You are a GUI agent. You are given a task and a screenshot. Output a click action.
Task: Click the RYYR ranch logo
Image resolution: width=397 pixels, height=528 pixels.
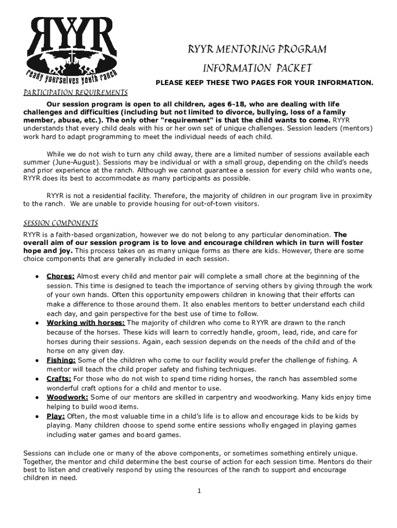(x=72, y=52)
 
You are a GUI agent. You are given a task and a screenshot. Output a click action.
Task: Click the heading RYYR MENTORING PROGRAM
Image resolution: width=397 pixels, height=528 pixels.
(x=257, y=49)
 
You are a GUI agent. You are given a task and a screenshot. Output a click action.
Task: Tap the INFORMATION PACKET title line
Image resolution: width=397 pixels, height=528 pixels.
(x=257, y=68)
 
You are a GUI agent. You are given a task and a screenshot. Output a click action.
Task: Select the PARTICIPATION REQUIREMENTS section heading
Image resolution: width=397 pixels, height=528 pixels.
(x=75, y=93)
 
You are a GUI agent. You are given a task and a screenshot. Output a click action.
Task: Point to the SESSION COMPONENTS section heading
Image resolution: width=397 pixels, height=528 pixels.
(x=61, y=224)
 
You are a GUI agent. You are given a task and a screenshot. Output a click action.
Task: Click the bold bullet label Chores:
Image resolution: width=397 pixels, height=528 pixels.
(x=61, y=276)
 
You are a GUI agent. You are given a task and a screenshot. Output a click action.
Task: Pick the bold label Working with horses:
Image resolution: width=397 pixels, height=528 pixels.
(x=86, y=323)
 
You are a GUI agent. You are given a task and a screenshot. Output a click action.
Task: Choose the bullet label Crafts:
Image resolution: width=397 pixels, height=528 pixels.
(x=59, y=379)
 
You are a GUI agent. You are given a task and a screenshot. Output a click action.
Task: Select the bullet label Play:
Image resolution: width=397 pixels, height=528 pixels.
(x=56, y=416)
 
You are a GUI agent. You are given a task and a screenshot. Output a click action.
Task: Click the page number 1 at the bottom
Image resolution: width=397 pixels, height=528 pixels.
(x=198, y=491)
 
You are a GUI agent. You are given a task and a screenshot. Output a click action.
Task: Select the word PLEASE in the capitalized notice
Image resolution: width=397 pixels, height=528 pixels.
(x=170, y=82)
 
